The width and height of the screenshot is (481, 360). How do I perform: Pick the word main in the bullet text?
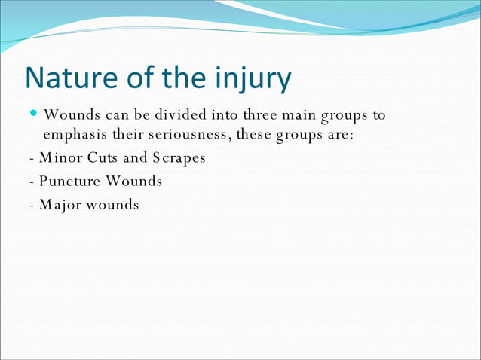click(300, 115)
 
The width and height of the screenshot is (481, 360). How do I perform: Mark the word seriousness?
click(188, 136)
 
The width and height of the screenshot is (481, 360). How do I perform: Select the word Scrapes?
click(179, 159)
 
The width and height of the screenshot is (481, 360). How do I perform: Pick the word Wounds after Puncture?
click(135, 181)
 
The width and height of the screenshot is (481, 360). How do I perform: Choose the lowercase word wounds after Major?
click(112, 204)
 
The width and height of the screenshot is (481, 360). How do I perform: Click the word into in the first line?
click(222, 115)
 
